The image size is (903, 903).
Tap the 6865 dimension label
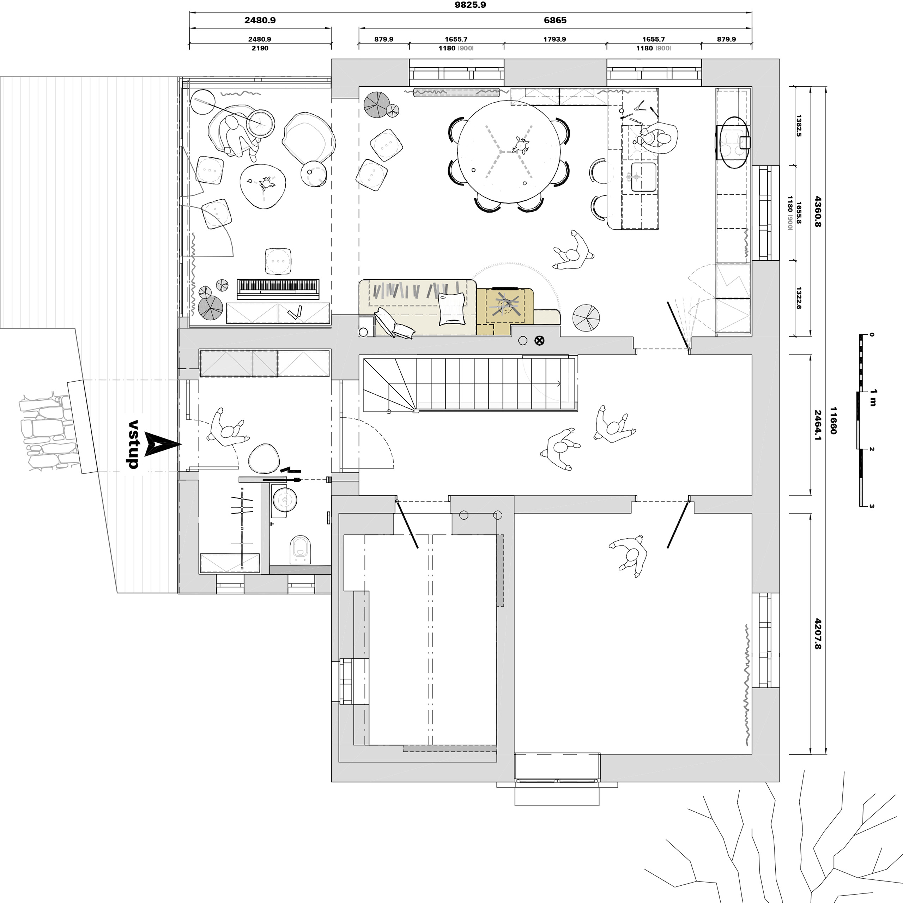coord(555,20)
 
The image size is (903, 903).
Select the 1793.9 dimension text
coord(554,39)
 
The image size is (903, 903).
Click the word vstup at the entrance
coord(134,444)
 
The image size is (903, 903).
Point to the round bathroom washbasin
coord(285,499)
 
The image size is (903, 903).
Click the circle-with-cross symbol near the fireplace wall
coord(539,341)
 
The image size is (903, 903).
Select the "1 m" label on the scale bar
coord(873,397)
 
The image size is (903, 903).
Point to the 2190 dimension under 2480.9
coord(260,48)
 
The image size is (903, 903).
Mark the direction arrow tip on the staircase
coord(561,384)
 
